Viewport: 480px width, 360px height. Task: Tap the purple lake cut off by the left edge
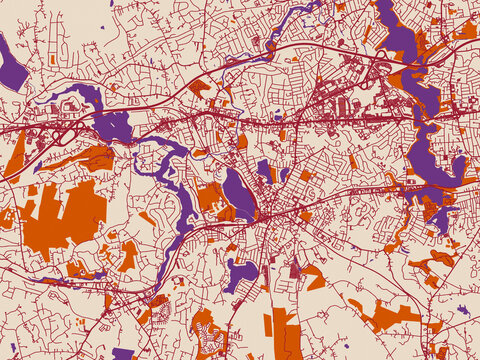pyautogui.click(x=11, y=66)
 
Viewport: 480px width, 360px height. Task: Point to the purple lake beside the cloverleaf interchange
pyautogui.click(x=110, y=124)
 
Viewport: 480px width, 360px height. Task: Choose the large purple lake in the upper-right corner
pyautogui.click(x=400, y=40)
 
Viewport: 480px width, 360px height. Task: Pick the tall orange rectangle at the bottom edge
pyautogui.click(x=285, y=334)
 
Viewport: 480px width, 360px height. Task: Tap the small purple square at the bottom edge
pyautogui.click(x=122, y=353)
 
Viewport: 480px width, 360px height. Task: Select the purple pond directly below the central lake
pyautogui.click(x=243, y=272)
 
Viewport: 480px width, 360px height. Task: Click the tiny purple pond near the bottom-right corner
pyautogui.click(x=463, y=310)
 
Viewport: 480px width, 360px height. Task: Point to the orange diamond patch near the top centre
pyautogui.click(x=199, y=88)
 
